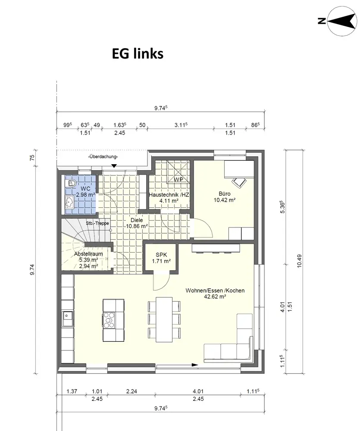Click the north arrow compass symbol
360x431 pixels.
[x=341, y=21]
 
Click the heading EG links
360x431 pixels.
[x=138, y=53]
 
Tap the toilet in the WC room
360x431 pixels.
[x=71, y=183]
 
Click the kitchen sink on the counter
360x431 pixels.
[x=67, y=318]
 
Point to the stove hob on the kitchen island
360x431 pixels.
[x=109, y=320]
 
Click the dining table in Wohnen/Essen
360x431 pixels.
[x=164, y=319]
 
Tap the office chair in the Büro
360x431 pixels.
[x=239, y=182]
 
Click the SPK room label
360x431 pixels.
[x=161, y=255]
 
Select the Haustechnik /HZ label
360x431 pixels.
[x=169, y=195]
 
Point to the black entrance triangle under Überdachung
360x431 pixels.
[x=114, y=166]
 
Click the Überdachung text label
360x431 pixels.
[x=103, y=157]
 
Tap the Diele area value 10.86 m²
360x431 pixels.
[x=137, y=226]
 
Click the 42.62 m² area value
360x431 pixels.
[x=215, y=297]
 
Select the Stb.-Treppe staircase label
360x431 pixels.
[x=97, y=223]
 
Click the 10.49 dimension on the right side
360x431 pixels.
[x=300, y=261]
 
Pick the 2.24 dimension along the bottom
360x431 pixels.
[x=131, y=391]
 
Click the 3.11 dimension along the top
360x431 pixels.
[x=181, y=125]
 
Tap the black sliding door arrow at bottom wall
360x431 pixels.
[x=195, y=365]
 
